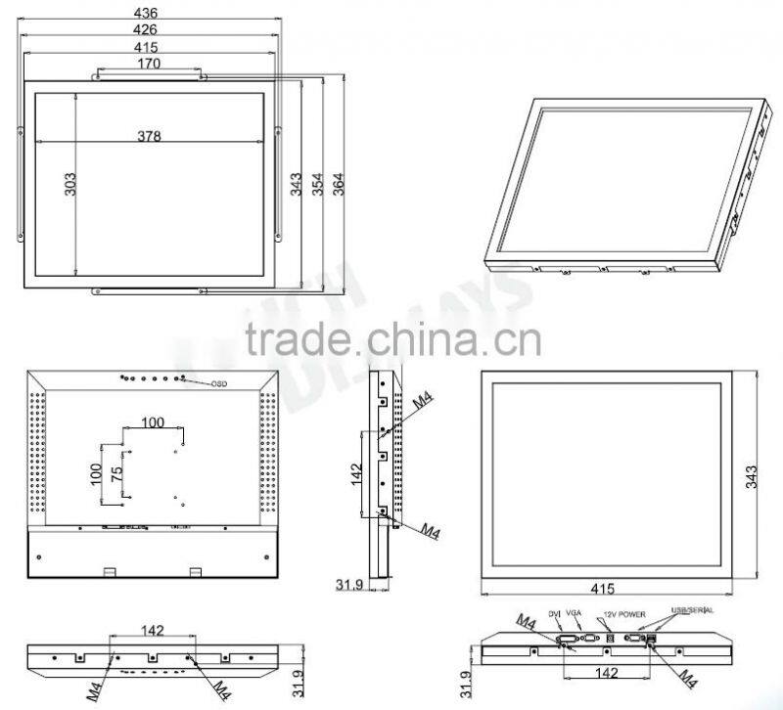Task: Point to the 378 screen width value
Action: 150,136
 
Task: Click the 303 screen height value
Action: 70,184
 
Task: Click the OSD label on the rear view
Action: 218,383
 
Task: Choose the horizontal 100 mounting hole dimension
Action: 152,422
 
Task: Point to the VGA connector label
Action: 576,612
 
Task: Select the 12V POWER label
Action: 624,613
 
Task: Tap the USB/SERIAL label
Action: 690,610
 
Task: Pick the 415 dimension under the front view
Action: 602,591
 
